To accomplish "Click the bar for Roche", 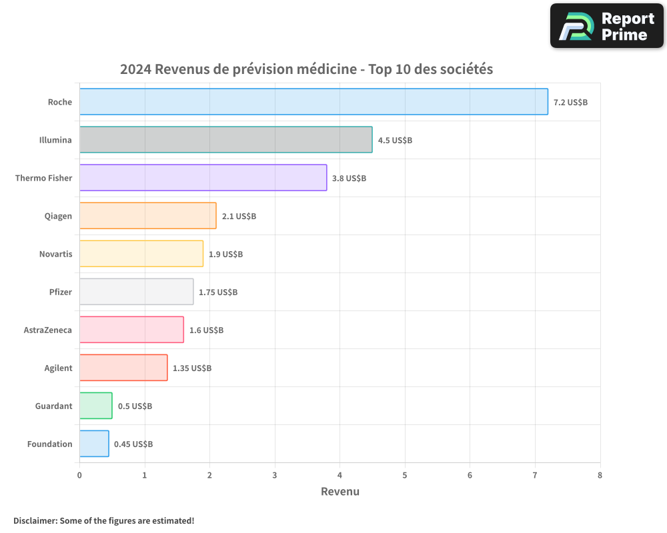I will tap(313, 102).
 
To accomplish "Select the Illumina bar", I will tap(225, 140).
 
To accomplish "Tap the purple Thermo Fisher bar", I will tap(203, 178).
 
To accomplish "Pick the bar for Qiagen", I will tap(147, 216).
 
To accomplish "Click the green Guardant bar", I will tap(95, 406).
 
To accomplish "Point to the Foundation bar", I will tap(94, 444).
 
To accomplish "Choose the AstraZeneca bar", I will tap(131, 330).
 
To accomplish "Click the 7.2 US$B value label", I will tap(570, 103).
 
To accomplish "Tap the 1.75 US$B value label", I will tap(218, 292).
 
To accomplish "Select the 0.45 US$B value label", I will tap(133, 444).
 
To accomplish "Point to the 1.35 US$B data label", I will tap(192, 368).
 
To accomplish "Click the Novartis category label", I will tap(55, 255).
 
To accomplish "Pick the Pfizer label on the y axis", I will tap(60, 292).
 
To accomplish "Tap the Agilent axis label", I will tap(58, 368).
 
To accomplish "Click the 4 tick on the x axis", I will tap(340, 475).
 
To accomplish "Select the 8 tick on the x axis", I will tap(600, 475).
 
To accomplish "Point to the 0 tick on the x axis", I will tap(79, 475).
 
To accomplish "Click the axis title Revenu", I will tap(340, 492).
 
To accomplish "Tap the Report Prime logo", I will tap(606, 26).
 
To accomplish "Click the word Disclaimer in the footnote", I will tap(34, 520).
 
